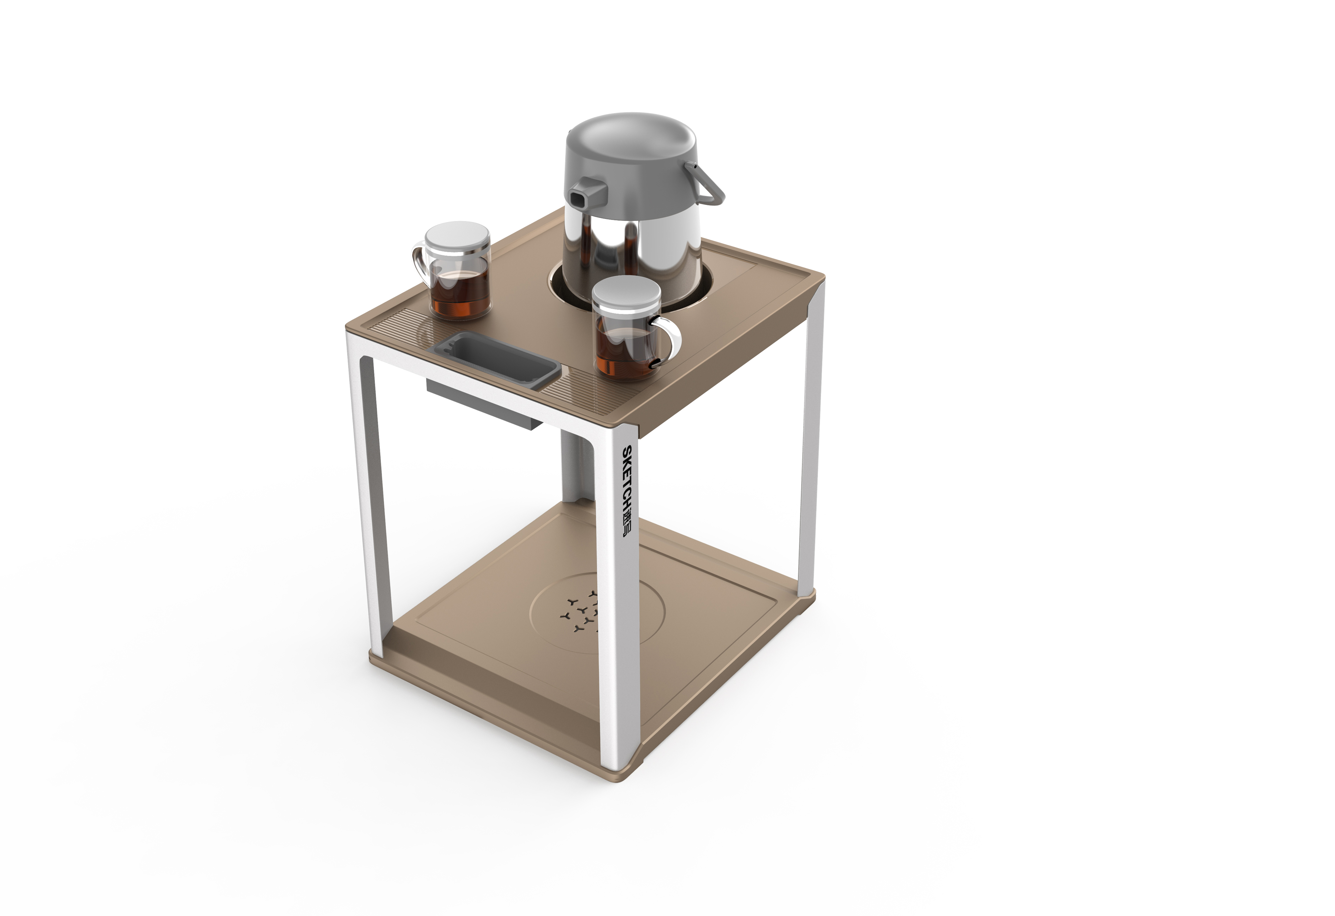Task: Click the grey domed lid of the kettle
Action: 631,144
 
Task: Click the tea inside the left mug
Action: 460,293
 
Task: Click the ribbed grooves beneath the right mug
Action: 580,391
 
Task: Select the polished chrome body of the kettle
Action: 632,247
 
